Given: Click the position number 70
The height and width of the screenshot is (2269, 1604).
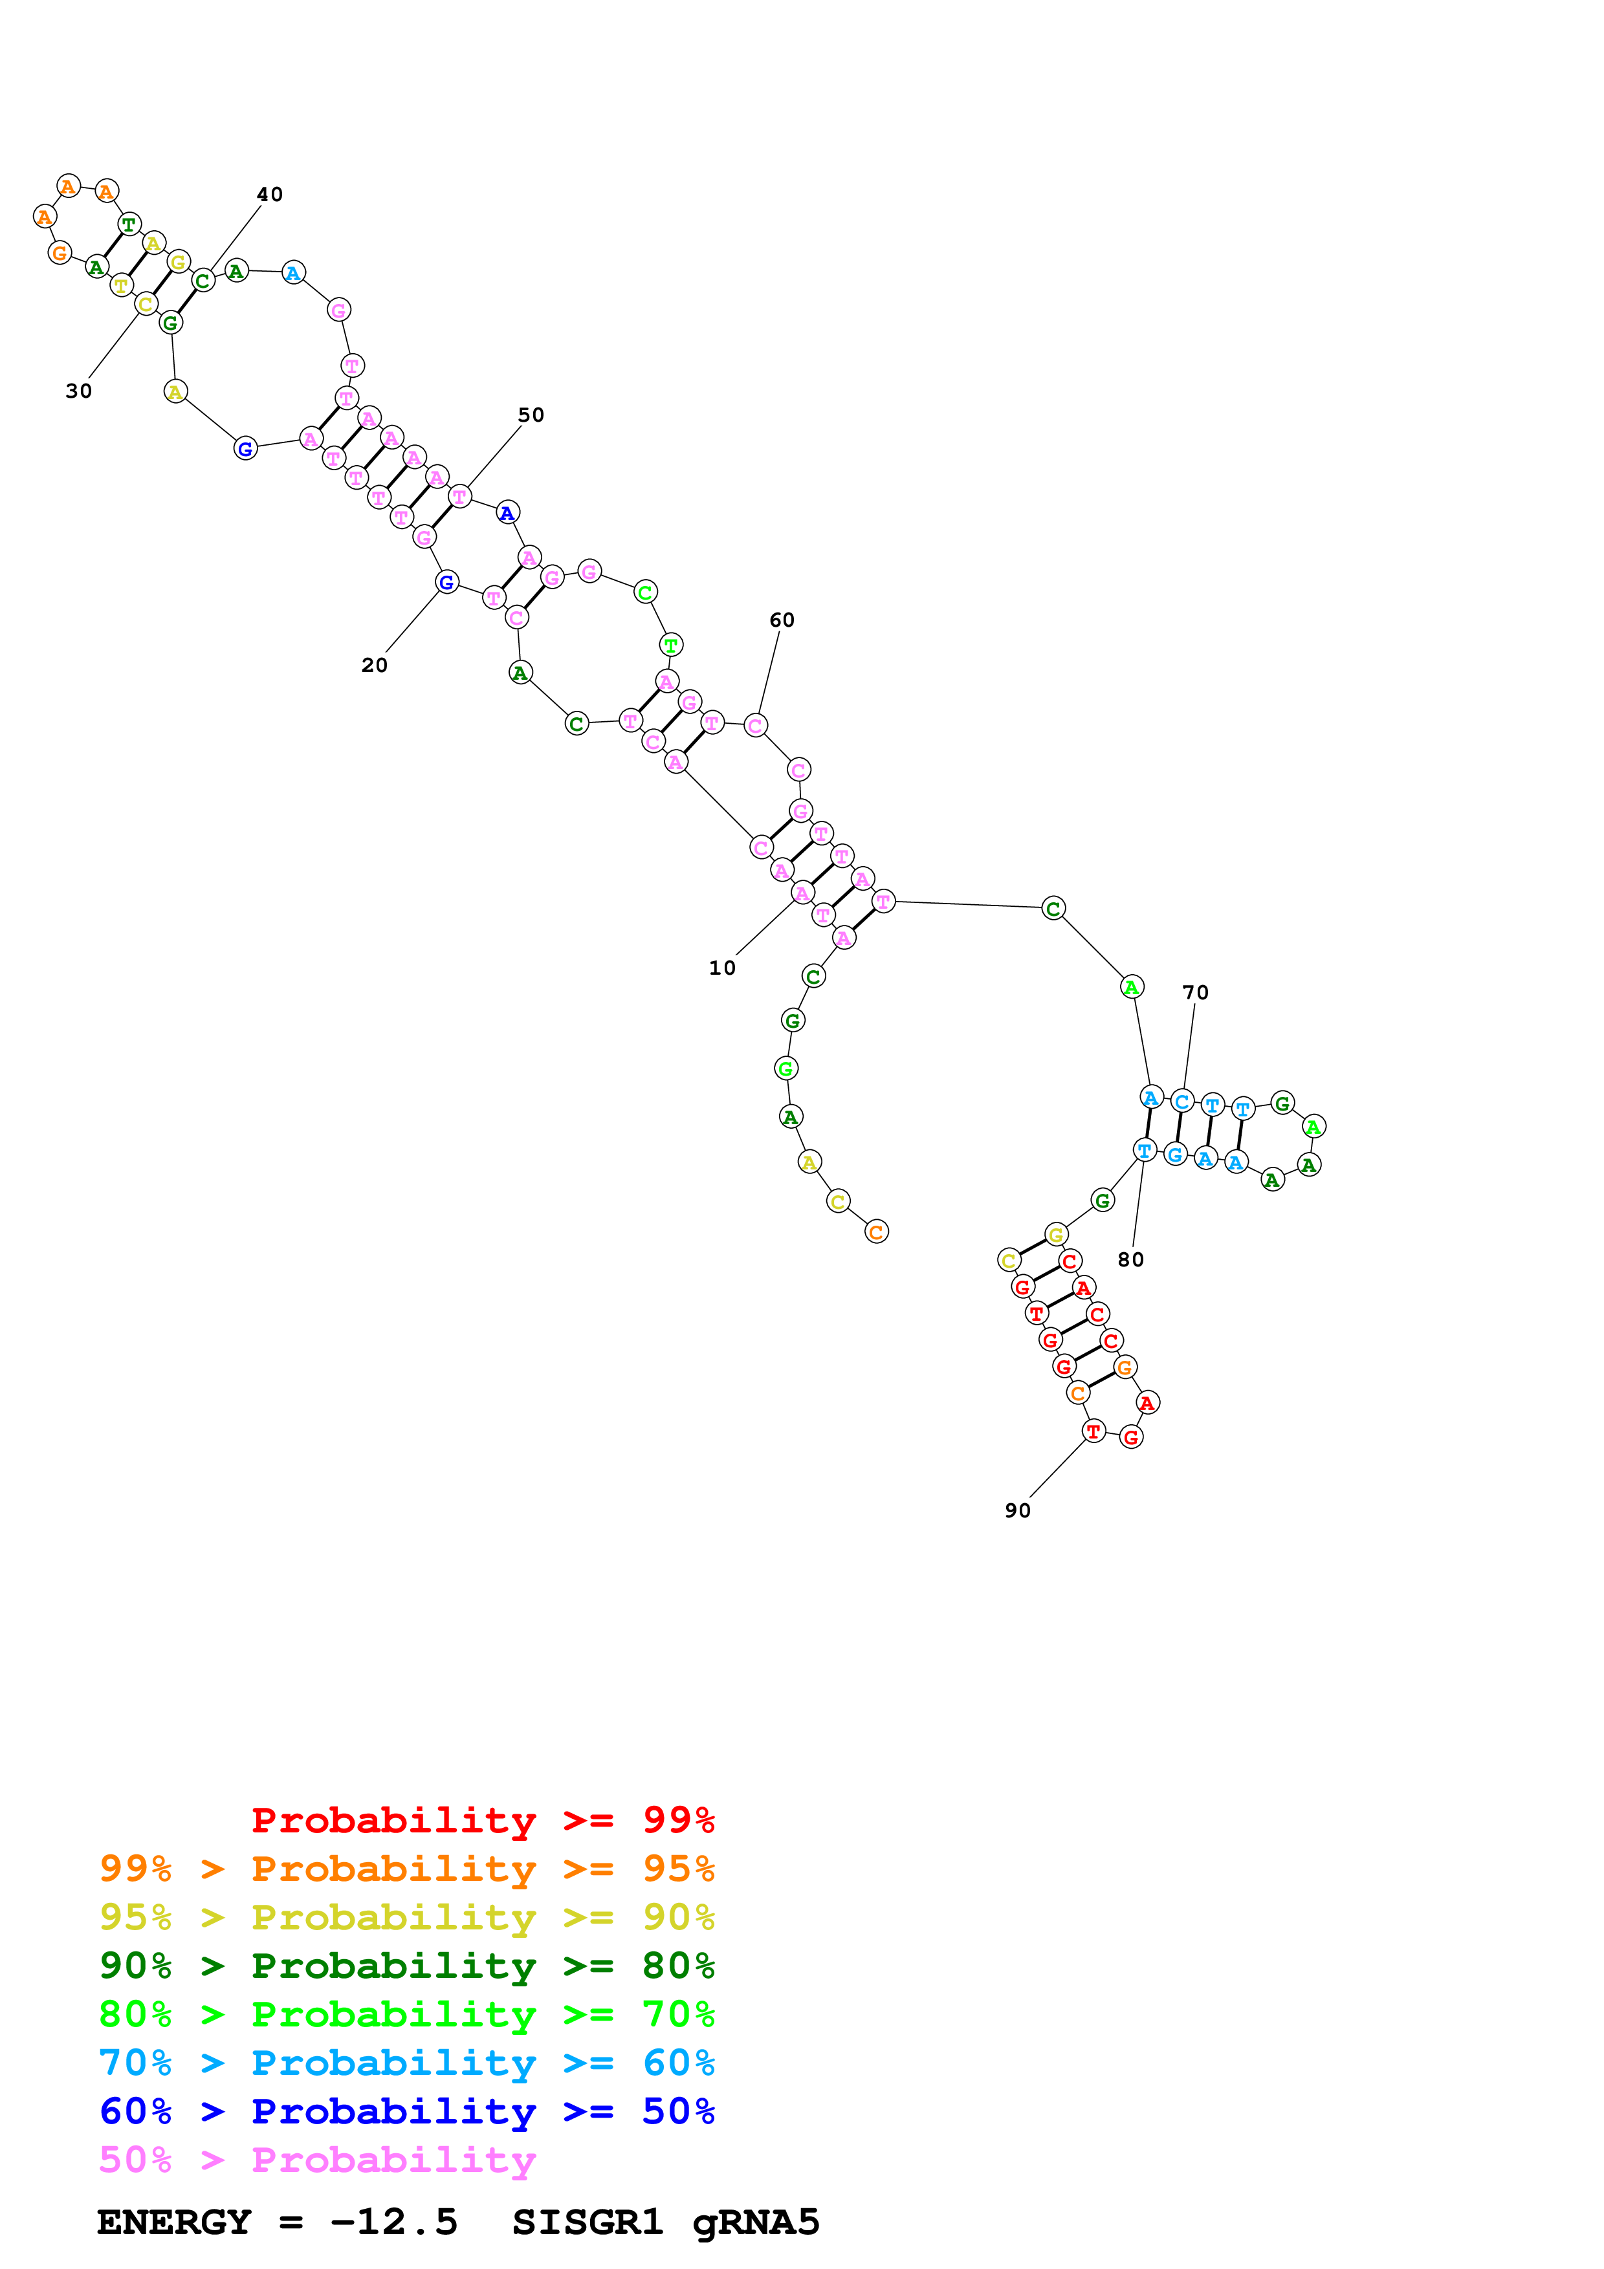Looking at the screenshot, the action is [x=1195, y=992].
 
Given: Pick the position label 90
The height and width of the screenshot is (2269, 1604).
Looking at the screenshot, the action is [x=1017, y=1510].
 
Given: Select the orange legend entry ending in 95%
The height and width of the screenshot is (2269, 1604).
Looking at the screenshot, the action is [x=406, y=1868].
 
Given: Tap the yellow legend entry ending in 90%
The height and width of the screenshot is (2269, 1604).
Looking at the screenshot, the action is [x=406, y=1916].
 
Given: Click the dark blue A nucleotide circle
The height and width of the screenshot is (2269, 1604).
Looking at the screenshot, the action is [x=507, y=513].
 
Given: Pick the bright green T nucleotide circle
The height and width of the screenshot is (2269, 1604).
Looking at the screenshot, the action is [x=670, y=646].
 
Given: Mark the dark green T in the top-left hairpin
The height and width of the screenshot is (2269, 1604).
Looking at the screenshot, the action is [x=129, y=224].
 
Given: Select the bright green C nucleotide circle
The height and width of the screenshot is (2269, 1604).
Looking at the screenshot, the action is [x=644, y=592].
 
